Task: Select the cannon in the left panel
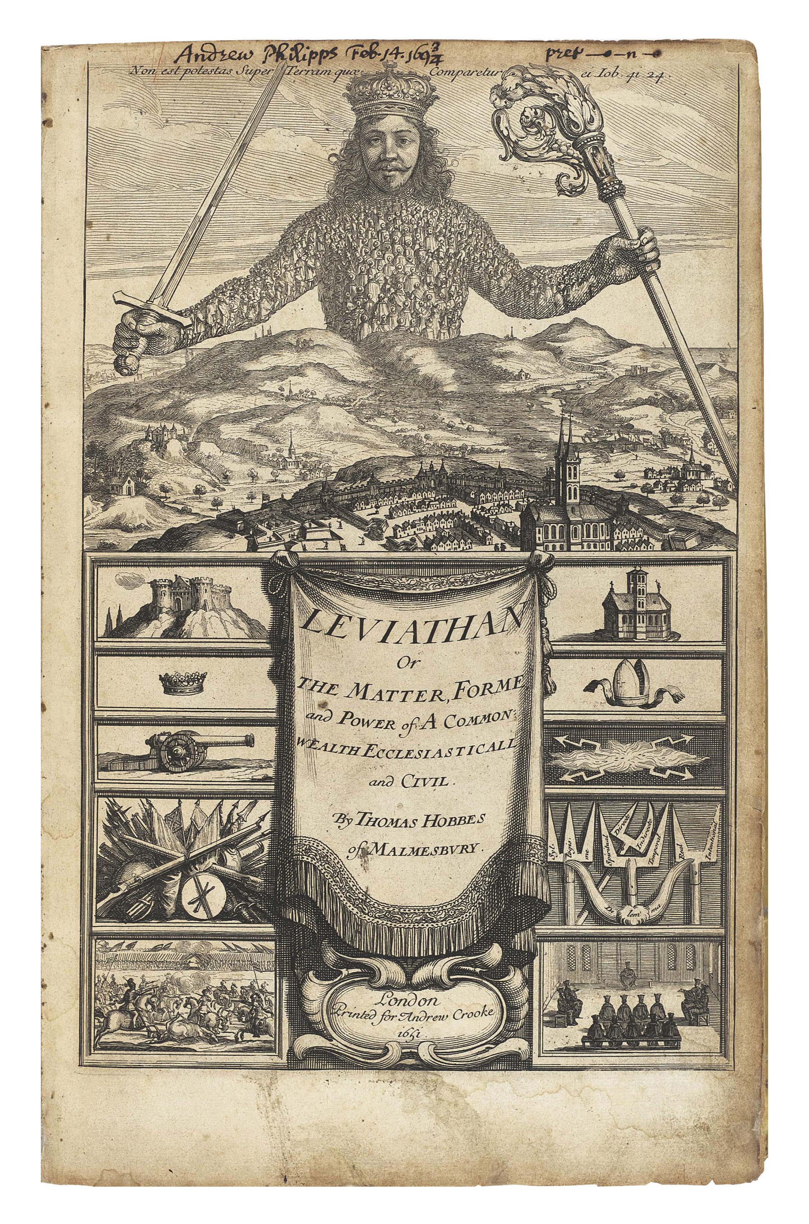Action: (x=178, y=745)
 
